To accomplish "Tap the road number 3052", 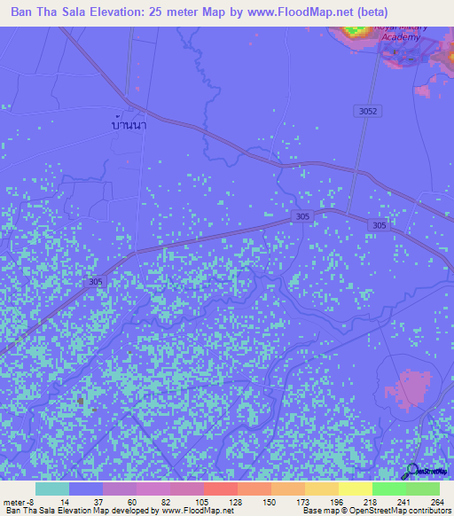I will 370,111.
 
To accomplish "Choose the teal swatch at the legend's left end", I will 51,489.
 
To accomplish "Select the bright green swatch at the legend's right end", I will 422,489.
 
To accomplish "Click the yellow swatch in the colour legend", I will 355,489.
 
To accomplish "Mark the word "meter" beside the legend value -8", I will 15,501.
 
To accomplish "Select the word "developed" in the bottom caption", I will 121,511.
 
